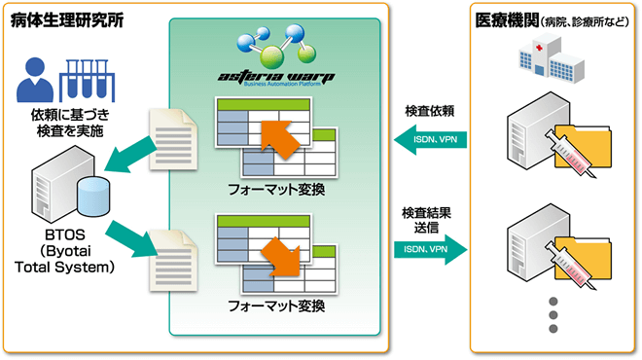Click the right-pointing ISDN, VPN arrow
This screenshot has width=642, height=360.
pyautogui.click(x=431, y=251)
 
